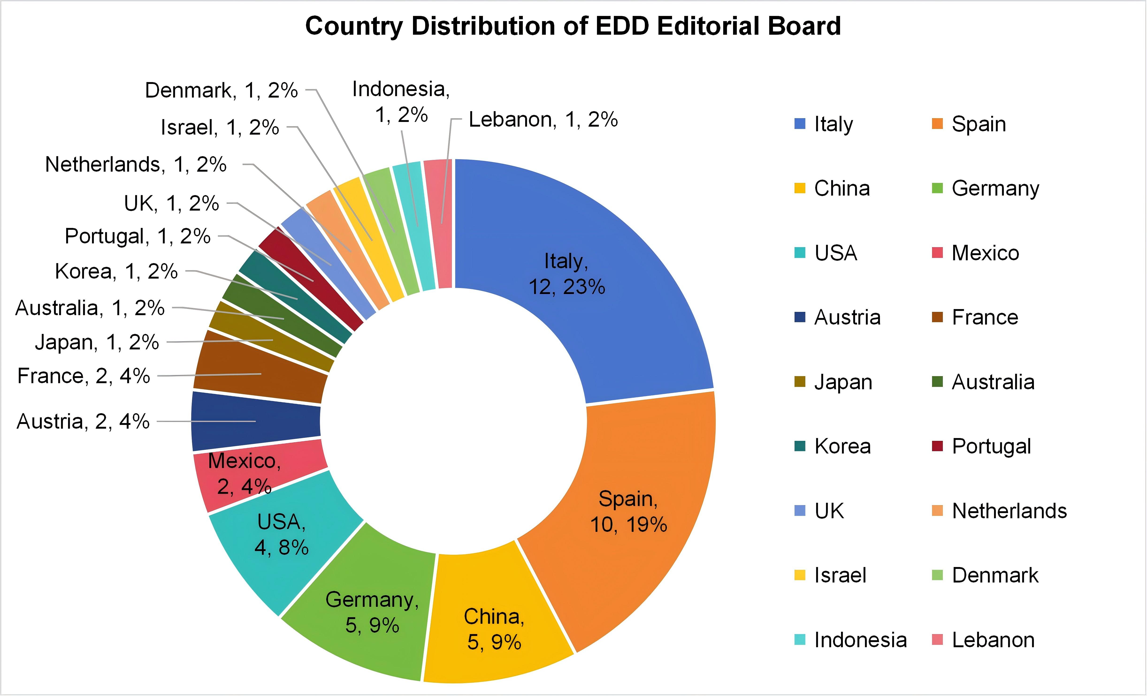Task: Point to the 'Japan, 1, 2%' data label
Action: point(97,342)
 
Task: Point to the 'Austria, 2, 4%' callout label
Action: point(83,421)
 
